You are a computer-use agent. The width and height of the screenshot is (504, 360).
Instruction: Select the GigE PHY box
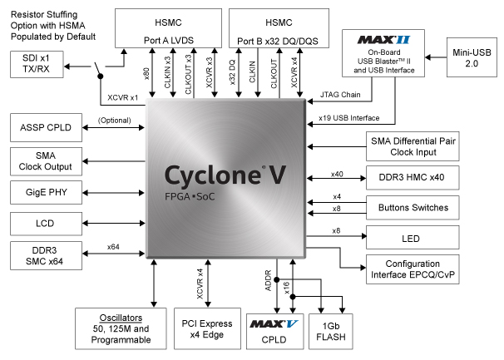tap(46, 191)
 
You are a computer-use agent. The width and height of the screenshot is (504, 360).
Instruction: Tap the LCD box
tap(46, 223)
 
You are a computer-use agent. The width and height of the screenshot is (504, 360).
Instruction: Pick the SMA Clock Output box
tap(46, 160)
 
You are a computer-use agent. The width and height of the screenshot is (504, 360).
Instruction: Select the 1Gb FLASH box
tap(328, 333)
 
